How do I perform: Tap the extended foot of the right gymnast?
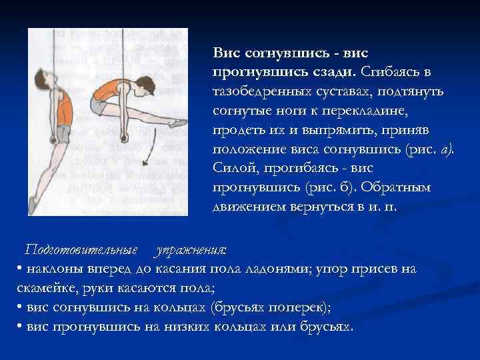click(178, 123)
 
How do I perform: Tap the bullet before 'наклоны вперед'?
click(17, 269)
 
